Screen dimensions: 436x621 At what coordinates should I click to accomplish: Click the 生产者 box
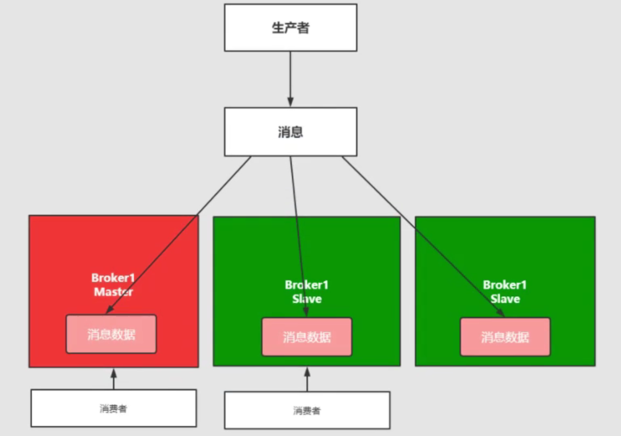(x=291, y=28)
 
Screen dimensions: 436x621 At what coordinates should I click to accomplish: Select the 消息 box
(x=291, y=132)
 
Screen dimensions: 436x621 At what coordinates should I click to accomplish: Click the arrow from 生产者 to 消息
(x=291, y=76)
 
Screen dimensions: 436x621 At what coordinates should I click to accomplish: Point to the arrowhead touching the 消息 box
(x=291, y=103)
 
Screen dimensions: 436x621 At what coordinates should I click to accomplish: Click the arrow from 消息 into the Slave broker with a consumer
(x=298, y=232)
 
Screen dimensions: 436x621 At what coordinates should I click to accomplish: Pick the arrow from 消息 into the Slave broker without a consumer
(x=421, y=232)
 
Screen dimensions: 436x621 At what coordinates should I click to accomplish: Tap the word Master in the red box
(x=113, y=292)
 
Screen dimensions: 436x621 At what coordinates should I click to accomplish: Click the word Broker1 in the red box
(x=113, y=278)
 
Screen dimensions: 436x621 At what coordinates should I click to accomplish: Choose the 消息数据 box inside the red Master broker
(x=111, y=334)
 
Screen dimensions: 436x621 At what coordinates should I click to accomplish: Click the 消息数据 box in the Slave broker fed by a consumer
(x=307, y=337)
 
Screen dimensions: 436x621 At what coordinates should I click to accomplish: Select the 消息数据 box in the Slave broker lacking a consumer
(x=505, y=337)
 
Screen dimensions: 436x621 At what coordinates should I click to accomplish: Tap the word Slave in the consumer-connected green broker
(x=307, y=298)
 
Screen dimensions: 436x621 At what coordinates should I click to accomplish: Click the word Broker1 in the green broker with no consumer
(x=504, y=285)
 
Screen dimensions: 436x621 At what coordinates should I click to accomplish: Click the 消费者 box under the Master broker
(x=113, y=408)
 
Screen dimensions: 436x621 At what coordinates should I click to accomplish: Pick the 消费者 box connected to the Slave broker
(x=307, y=411)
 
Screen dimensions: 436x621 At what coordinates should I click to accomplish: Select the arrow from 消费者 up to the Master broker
(x=113, y=379)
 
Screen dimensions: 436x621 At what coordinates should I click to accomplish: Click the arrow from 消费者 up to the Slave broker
(x=307, y=380)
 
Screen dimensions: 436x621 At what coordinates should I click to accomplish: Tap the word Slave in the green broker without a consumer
(x=505, y=298)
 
